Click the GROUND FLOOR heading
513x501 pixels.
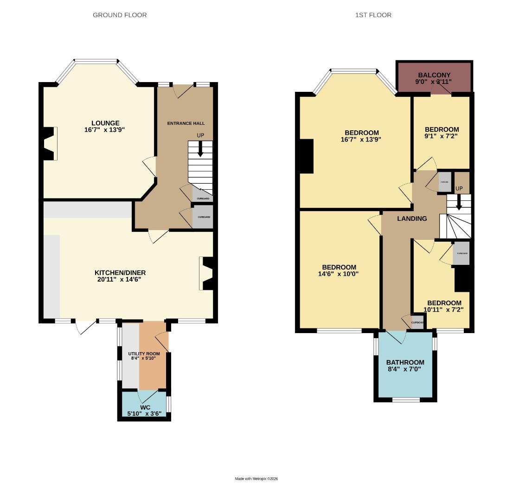120,15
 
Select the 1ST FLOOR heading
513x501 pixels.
373,15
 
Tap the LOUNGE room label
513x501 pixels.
105,123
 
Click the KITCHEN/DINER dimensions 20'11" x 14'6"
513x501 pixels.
117,279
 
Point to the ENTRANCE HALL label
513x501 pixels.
186,123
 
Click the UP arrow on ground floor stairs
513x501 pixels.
200,150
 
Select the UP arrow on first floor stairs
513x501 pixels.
459,203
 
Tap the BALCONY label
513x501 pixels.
434,75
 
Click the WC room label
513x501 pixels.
145,407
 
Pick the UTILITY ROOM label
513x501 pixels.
144,354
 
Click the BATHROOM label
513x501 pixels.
405,362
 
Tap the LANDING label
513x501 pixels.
412,218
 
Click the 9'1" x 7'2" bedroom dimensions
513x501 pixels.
441,136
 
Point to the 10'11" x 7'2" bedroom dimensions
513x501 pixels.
443,309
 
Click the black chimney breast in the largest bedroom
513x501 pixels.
307,156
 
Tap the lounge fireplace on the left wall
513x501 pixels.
49,143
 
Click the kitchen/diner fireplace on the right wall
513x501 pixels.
207,273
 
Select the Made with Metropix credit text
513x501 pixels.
256,479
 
